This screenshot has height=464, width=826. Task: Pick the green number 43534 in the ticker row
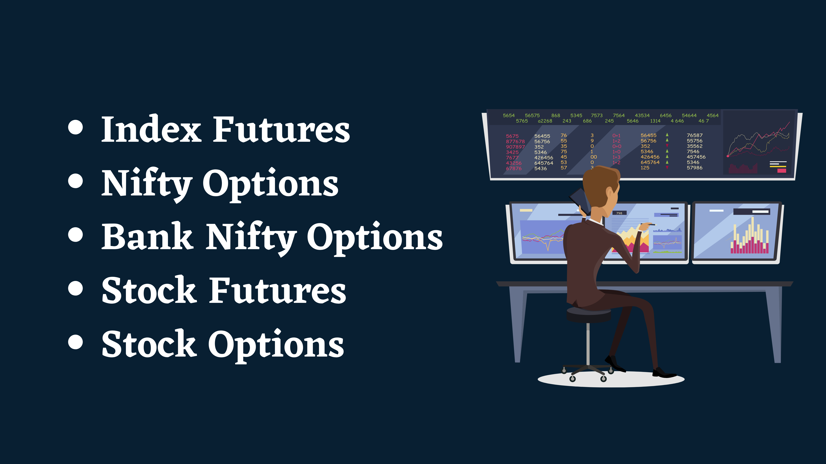pyautogui.click(x=642, y=115)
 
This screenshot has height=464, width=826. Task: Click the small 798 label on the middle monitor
pyautogui.click(x=619, y=213)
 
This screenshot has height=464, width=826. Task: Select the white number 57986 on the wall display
pyautogui.click(x=694, y=168)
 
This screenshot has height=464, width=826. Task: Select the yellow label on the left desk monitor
pyautogui.click(x=526, y=210)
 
